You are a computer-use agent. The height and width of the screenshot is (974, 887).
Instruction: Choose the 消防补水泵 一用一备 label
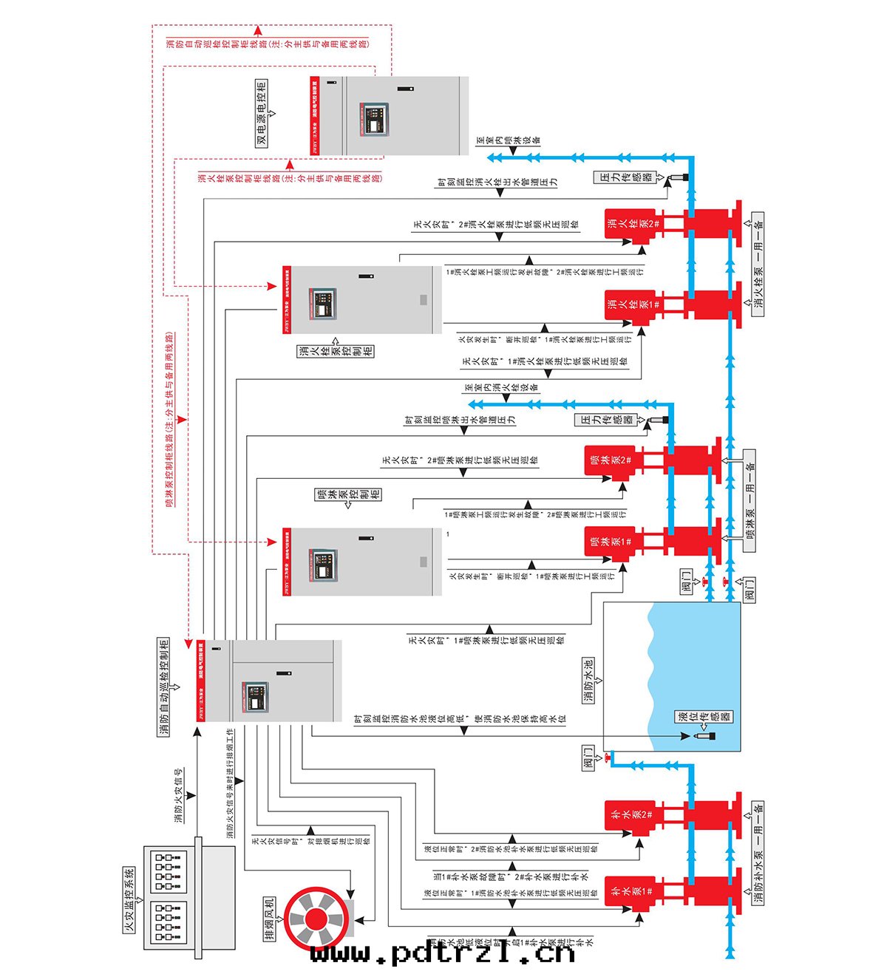click(x=758, y=854)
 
